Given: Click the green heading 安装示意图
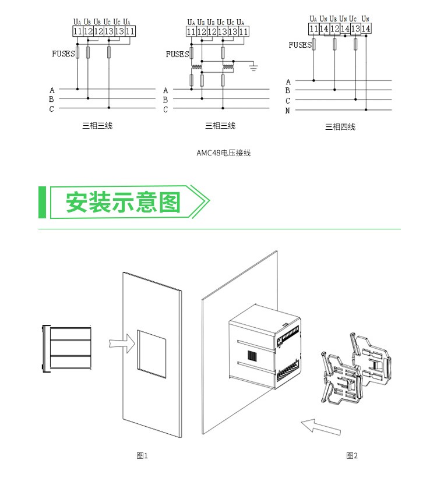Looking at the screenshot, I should (x=123, y=203).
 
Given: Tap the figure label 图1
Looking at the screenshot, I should (x=142, y=455).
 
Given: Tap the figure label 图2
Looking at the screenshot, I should (x=352, y=455).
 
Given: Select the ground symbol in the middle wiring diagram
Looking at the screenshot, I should (x=254, y=68).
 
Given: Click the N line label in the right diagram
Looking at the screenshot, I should (x=288, y=110).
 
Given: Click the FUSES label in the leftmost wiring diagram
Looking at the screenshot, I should (x=64, y=54).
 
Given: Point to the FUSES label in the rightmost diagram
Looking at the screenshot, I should (x=300, y=45).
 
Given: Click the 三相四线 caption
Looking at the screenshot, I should (x=340, y=127).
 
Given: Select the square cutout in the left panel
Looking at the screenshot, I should (x=151, y=350).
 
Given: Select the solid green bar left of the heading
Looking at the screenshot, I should (x=42, y=203).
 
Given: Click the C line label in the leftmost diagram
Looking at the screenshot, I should (x=52, y=108).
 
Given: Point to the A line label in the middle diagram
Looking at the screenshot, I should (x=165, y=90).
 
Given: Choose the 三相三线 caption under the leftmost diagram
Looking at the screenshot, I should (x=97, y=125).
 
